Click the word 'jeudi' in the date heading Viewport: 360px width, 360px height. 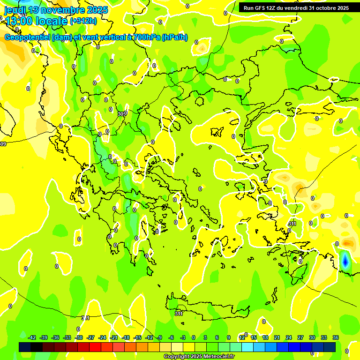tap(15, 10)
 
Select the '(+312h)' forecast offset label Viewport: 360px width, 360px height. tap(83, 21)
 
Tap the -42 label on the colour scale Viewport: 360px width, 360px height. tap(32, 337)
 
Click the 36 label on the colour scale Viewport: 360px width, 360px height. tap(336, 337)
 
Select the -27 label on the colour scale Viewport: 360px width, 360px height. tap(90, 337)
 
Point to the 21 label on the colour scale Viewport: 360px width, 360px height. tap(277, 337)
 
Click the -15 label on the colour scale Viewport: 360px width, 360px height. tap(137, 337)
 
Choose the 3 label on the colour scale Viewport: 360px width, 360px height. tap(205, 337)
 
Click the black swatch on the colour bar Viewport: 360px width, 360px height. tap(25, 347)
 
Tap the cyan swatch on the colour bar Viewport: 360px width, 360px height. tap(247, 347)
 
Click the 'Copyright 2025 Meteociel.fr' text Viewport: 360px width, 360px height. tap(199, 357)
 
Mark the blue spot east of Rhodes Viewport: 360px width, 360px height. tap(345, 261)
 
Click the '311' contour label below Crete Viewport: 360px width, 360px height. tap(179, 314)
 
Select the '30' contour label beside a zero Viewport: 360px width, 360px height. tap(120, 114)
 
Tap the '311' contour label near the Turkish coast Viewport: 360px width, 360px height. tap(292, 224)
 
